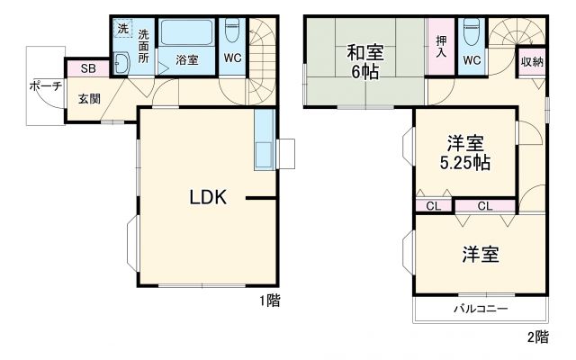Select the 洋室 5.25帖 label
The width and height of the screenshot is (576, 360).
[464, 153]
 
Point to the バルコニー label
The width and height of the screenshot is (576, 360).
[480, 308]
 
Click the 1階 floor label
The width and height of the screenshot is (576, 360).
[269, 302]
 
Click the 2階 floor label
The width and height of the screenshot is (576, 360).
[536, 337]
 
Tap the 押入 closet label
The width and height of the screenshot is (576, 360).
[441, 47]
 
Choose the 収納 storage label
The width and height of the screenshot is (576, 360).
[531, 61]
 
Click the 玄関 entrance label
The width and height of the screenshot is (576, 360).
[88, 97]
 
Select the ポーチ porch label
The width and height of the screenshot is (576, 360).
[45, 86]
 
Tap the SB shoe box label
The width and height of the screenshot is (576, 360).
[88, 68]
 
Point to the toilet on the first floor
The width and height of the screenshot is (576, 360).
[232, 31]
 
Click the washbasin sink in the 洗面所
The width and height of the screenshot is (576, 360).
[123, 63]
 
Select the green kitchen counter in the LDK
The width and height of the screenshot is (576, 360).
[264, 140]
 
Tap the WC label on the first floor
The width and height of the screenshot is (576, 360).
[232, 59]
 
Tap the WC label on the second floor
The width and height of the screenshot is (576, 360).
[470, 60]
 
